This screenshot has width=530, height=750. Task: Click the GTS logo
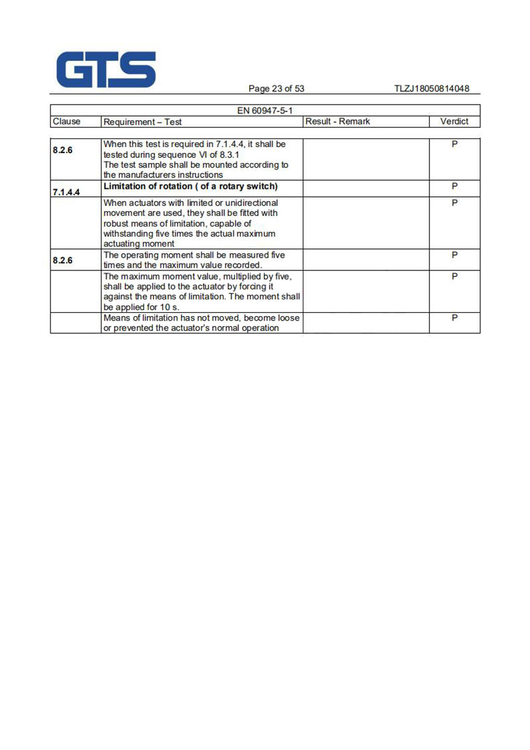pyautogui.click(x=106, y=70)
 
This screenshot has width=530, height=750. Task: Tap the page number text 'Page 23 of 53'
pyautogui.click(x=276, y=89)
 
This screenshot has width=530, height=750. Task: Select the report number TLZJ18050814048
pyautogui.click(x=431, y=89)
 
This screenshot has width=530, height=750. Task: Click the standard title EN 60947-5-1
pyautogui.click(x=264, y=111)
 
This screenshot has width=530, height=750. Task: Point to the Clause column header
pyautogui.click(x=66, y=121)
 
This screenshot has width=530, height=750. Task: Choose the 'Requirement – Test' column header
pyautogui.click(x=142, y=122)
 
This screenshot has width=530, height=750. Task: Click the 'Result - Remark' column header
pyautogui.click(x=337, y=121)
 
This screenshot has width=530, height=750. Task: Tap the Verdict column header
pyautogui.click(x=454, y=121)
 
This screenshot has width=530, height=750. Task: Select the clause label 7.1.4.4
pyautogui.click(x=67, y=191)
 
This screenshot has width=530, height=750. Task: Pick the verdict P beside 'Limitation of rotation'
pyautogui.click(x=454, y=186)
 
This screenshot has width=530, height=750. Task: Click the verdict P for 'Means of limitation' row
pyautogui.click(x=454, y=318)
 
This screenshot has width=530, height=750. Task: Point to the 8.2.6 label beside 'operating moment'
pyautogui.click(x=63, y=260)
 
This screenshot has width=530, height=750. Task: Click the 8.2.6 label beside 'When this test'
pyautogui.click(x=63, y=150)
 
